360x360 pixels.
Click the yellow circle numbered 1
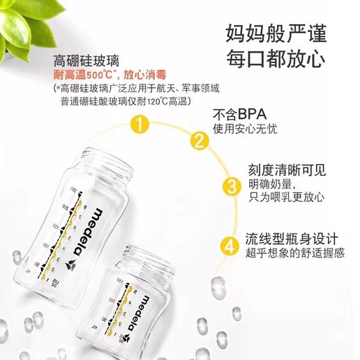coord(141,125)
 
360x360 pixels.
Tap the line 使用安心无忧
coord(245,129)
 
